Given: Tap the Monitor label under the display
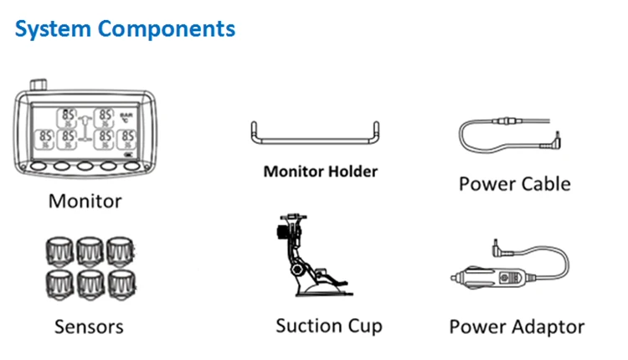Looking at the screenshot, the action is (85, 201).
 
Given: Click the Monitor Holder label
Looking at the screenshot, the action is (321, 172).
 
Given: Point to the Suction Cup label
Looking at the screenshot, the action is (328, 325).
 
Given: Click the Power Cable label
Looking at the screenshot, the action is (514, 183).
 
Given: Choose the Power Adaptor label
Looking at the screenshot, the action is (517, 326).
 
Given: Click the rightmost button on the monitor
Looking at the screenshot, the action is (131, 165).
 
